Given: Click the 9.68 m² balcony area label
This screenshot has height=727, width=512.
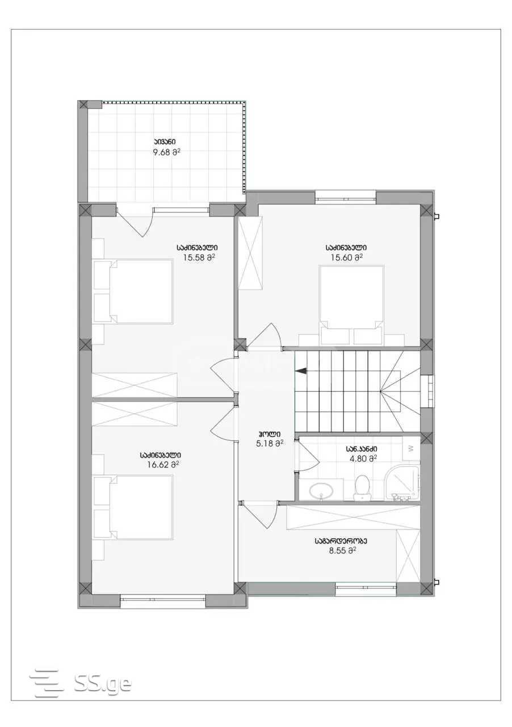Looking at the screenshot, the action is pos(166,152).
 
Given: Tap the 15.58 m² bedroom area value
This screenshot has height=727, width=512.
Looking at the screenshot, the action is pos(199,257).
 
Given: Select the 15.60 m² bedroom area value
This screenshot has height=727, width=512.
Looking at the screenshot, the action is pos(346,257).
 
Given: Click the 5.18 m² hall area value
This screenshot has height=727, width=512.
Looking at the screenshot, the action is pos(270,444).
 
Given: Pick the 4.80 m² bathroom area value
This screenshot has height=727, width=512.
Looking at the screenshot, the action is pos(362,458).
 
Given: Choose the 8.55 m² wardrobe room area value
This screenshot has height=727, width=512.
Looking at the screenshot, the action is pos(343,550).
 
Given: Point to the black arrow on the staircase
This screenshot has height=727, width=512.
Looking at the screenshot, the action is pos(301,371).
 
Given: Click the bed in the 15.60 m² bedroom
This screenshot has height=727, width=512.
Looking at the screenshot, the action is pos(352,305).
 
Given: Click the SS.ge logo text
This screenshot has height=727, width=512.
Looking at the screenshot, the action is pos(103,675).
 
